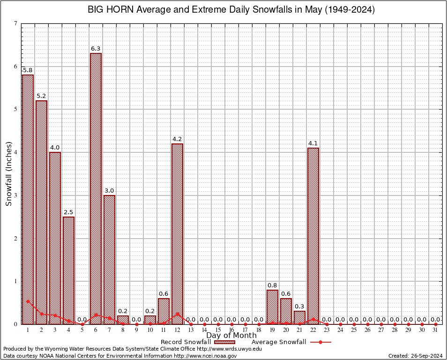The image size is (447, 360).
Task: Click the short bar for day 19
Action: click(272, 307)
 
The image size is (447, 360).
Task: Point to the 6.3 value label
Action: click(96, 48)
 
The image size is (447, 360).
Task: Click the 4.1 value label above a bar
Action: click(313, 143)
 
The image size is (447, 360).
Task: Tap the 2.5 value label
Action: click(68, 212)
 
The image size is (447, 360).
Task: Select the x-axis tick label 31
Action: click(436, 330)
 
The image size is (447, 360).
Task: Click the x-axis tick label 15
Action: click(218, 330)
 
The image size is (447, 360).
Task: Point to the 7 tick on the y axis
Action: click(16, 23)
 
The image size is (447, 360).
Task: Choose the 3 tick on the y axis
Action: click(16, 195)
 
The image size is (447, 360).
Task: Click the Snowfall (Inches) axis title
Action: click(9, 174)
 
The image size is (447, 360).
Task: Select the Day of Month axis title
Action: click(231, 335)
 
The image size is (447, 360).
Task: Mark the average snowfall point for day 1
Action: click(28, 301)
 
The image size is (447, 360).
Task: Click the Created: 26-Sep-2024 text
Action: click(416, 356)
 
